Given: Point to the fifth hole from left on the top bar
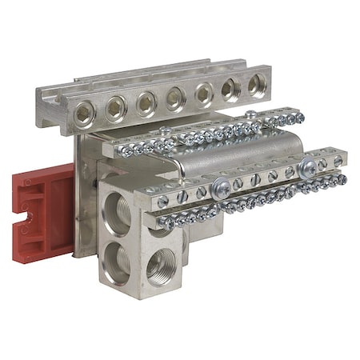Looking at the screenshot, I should pos(204,92).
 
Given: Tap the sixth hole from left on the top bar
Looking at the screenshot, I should pos(231,87).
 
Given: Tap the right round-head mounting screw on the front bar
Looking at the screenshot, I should pos(307,167).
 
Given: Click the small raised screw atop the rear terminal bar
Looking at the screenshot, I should pos(165,131).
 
